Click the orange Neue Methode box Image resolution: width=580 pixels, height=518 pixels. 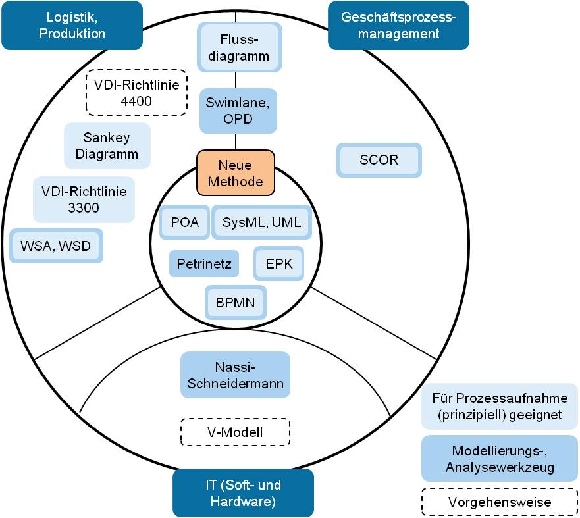236,173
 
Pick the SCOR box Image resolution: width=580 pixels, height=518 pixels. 379,161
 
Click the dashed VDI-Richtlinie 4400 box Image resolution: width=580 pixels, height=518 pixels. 137,93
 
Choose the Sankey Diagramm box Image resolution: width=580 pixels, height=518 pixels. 107,146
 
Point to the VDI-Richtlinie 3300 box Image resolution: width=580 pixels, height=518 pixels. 84,199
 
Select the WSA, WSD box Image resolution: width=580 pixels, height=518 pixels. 56,246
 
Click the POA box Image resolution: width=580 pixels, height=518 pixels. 184,222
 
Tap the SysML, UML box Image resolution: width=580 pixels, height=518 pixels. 261,222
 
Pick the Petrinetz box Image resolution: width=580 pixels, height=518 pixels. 203,265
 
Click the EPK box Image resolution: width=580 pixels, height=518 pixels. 279,265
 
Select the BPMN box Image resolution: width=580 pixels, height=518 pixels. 235,303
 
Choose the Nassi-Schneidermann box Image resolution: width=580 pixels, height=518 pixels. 235,375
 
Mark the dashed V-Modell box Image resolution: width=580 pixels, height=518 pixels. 235,432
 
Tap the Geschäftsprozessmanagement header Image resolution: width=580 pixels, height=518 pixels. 398,26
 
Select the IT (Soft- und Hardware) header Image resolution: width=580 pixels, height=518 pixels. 243,494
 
